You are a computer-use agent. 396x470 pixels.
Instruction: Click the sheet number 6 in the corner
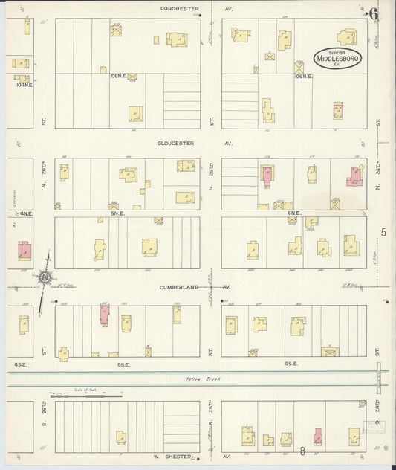373,13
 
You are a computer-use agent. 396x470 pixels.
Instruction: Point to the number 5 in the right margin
384,233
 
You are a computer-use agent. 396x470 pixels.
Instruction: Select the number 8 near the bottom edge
303,450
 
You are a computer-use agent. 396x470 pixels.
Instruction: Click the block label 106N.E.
303,76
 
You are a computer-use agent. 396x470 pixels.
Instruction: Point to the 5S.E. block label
125,363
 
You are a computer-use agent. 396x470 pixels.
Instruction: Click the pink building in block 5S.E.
104,315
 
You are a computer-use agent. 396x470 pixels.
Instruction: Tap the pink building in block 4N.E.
25,251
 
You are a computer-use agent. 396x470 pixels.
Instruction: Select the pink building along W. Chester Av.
318,436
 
